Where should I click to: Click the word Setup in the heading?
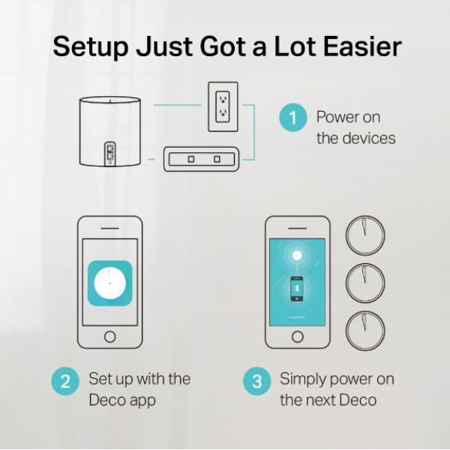point(91,47)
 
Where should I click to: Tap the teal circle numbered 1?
point(293,118)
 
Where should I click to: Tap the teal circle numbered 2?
point(65,381)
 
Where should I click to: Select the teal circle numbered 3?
point(256,381)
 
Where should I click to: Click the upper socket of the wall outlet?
point(223,99)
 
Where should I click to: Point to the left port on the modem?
point(191,159)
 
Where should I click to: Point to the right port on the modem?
point(217,159)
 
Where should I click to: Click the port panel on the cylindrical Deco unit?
point(110,154)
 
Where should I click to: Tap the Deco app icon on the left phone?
point(110,283)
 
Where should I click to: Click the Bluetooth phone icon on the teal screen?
point(297,289)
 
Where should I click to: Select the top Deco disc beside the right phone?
point(365,235)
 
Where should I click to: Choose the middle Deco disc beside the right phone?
point(365,283)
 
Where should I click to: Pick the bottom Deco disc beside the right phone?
point(365,331)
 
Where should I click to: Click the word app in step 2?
point(142,400)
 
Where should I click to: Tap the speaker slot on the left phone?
point(109,229)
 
